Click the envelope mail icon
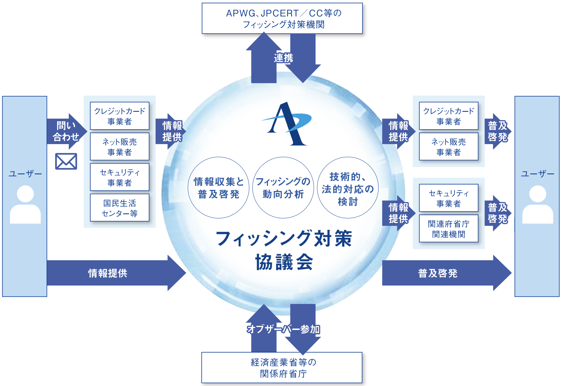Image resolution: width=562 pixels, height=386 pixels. [x=66, y=161]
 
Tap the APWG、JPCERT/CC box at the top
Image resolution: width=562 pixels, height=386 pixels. [x=282, y=18]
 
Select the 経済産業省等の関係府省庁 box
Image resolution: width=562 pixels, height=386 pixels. [x=282, y=367]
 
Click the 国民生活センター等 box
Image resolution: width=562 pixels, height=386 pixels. [x=119, y=208]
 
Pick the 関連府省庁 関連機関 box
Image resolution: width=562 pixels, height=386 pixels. [x=449, y=229]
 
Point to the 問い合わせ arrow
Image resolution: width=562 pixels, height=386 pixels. [x=66, y=131]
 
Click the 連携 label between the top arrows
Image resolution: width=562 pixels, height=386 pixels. [x=284, y=58]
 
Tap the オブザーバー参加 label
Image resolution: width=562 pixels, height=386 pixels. [x=283, y=329]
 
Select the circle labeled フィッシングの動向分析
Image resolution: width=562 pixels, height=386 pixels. [x=283, y=188]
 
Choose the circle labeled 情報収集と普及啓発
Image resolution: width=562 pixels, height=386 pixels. [x=218, y=188]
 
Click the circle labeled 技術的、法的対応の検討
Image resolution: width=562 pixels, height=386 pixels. [x=348, y=188]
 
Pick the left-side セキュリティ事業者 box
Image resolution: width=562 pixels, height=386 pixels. [x=119, y=177]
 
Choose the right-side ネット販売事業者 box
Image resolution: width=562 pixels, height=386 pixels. [x=449, y=147]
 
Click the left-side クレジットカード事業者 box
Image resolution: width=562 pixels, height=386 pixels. [x=119, y=116]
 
